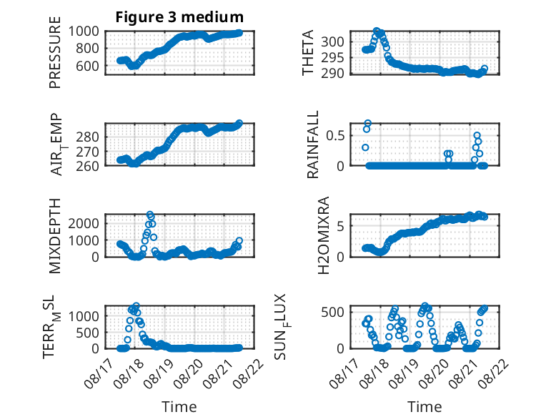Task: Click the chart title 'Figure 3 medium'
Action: pyautogui.click(x=179, y=17)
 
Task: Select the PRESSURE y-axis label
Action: pyautogui.click(x=55, y=52)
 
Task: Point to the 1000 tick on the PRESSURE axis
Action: pyautogui.click(x=84, y=31)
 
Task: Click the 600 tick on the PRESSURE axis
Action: pyautogui.click(x=87, y=66)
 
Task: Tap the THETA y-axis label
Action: pyautogui.click(x=308, y=52)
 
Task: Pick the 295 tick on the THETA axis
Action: pyautogui.click(x=332, y=57)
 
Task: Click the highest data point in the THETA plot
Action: pyautogui.click(x=377, y=31)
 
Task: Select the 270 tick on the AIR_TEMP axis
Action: pyautogui.click(x=87, y=152)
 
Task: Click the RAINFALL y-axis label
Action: pyautogui.click(x=313, y=144)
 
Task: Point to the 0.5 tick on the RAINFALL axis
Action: pyautogui.click(x=335, y=136)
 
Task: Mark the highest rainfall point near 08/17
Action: pyautogui.click(x=368, y=124)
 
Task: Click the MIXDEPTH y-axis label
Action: pyautogui.click(x=55, y=235)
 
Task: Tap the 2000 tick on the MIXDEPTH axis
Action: pyautogui.click(x=84, y=223)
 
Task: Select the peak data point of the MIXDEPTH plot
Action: pyautogui.click(x=149, y=215)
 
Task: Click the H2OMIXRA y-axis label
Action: pyautogui.click(x=324, y=235)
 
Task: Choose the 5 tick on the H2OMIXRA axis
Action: pyautogui.click(x=341, y=226)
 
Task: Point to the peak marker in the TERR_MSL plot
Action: pyautogui.click(x=136, y=305)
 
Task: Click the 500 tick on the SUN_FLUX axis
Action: pyautogui.click(x=332, y=313)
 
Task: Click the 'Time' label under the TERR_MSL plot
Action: pyautogui.click(x=179, y=406)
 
